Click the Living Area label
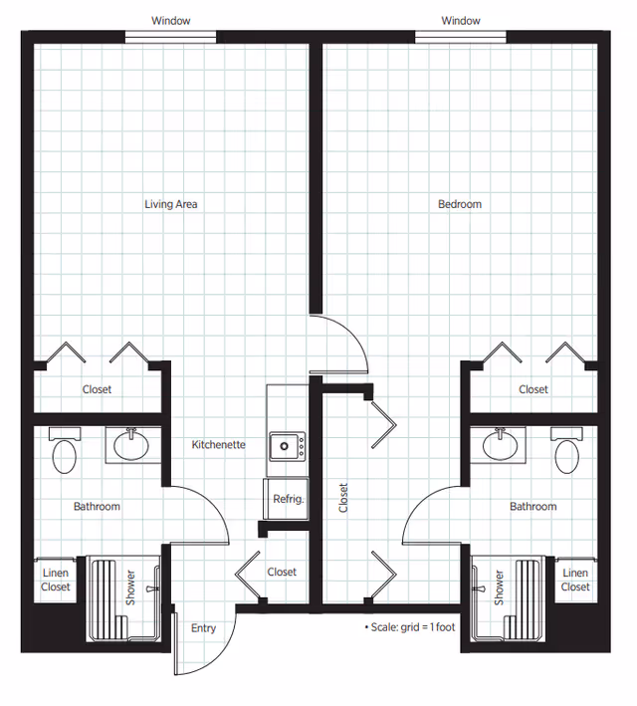point(170,204)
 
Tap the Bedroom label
point(460,204)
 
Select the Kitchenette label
point(218,445)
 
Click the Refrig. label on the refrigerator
point(288,499)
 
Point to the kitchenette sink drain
point(284,446)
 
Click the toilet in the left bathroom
point(65,450)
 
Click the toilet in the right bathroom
point(566,450)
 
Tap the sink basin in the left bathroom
point(131,445)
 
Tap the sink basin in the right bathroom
point(501,445)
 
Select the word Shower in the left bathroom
point(130,588)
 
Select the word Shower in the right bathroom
point(499,588)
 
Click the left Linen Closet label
point(56,580)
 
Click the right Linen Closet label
point(575,580)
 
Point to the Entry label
point(203,628)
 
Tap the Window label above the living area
point(170,21)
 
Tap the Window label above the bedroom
point(461,21)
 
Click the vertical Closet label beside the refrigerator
point(343,498)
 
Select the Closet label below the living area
point(97,389)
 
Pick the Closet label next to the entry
point(282,572)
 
